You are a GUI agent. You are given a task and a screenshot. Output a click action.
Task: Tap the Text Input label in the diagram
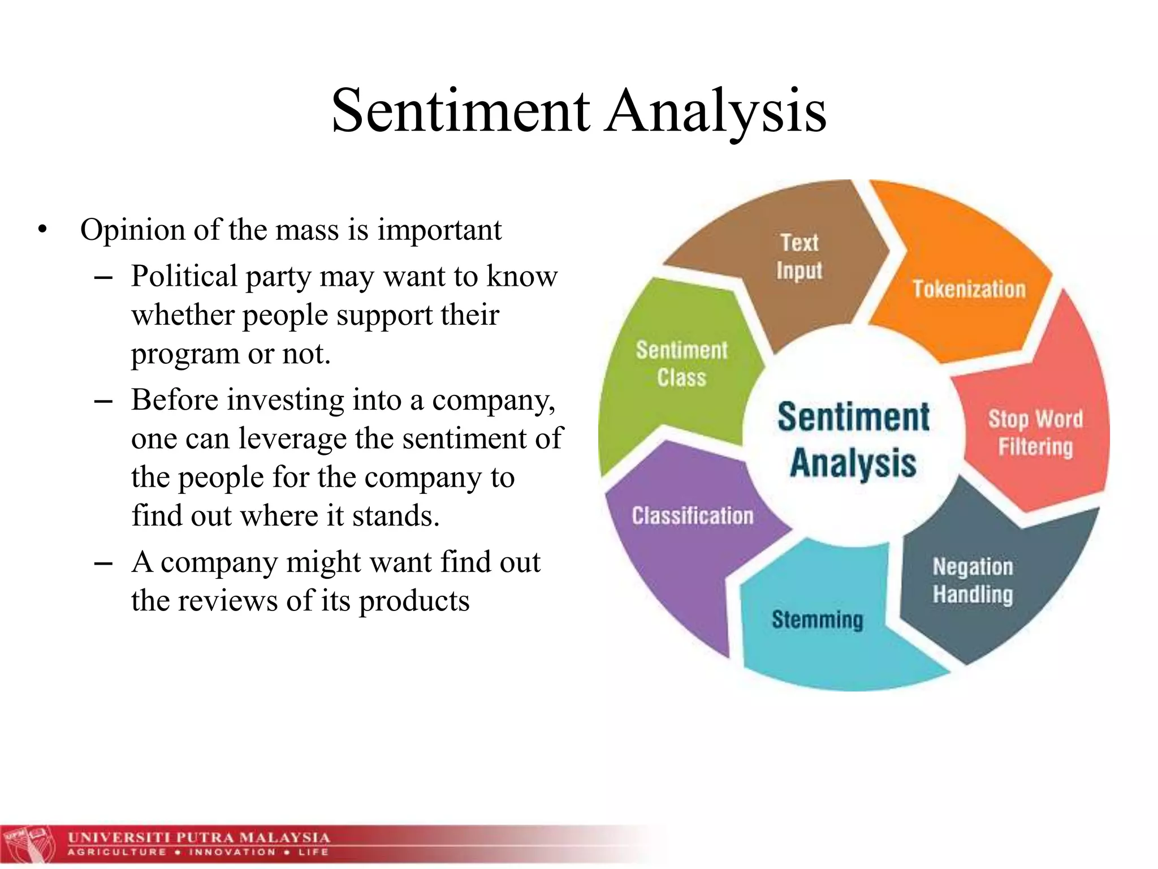[x=799, y=256]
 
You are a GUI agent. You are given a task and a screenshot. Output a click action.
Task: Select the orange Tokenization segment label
[x=969, y=289]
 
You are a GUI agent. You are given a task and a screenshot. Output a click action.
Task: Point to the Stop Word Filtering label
[x=1035, y=433]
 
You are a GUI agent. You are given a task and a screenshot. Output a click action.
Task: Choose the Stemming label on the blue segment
[x=817, y=620]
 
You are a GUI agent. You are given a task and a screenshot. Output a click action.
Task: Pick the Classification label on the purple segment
[x=692, y=516]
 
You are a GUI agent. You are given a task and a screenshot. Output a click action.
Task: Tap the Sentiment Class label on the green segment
[x=681, y=364]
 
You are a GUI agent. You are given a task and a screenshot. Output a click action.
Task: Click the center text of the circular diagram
[x=853, y=440]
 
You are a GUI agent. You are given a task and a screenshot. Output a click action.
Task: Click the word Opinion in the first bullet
[x=133, y=230]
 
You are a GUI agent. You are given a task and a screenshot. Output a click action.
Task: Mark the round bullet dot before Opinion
[x=42, y=230]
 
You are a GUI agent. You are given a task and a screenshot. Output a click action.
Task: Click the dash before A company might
[x=103, y=563]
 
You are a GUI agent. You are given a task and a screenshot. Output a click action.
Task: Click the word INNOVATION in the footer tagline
[x=232, y=852]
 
